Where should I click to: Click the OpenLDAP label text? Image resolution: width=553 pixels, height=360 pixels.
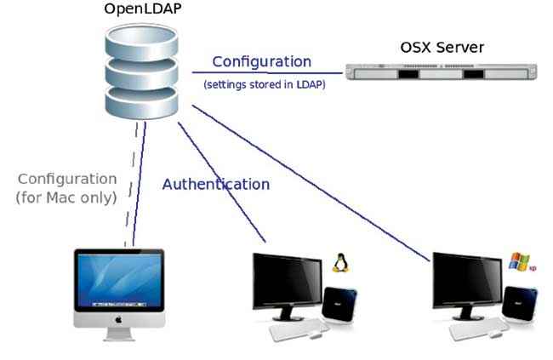[142, 9]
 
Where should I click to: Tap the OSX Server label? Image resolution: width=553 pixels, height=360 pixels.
[442, 48]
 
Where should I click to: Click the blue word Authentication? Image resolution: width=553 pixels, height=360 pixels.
[216, 184]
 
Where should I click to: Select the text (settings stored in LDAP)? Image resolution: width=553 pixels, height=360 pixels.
[265, 85]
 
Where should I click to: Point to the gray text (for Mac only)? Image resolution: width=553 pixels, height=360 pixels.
[66, 197]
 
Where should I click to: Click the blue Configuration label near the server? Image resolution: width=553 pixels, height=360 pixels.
[262, 62]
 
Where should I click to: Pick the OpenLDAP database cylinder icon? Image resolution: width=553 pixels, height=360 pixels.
[141, 71]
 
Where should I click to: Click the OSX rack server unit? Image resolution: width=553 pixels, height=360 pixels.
[442, 72]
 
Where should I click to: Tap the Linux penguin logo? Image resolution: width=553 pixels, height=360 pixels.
[340, 263]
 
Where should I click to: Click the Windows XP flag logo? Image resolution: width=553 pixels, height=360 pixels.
[520, 261]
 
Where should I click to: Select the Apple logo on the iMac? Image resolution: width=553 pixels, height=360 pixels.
[118, 320]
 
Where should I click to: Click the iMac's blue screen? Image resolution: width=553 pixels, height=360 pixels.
[119, 281]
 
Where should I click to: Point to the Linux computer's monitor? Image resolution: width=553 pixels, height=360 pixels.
[288, 286]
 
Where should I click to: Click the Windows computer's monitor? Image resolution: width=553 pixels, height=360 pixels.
[467, 286]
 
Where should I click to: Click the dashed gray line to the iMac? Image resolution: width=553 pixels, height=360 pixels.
[131, 184]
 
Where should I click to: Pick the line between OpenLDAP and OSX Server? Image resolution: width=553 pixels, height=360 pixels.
[267, 72]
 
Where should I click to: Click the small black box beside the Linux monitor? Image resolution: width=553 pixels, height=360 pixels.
[339, 304]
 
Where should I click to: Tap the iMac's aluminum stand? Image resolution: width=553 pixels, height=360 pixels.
[119, 334]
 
